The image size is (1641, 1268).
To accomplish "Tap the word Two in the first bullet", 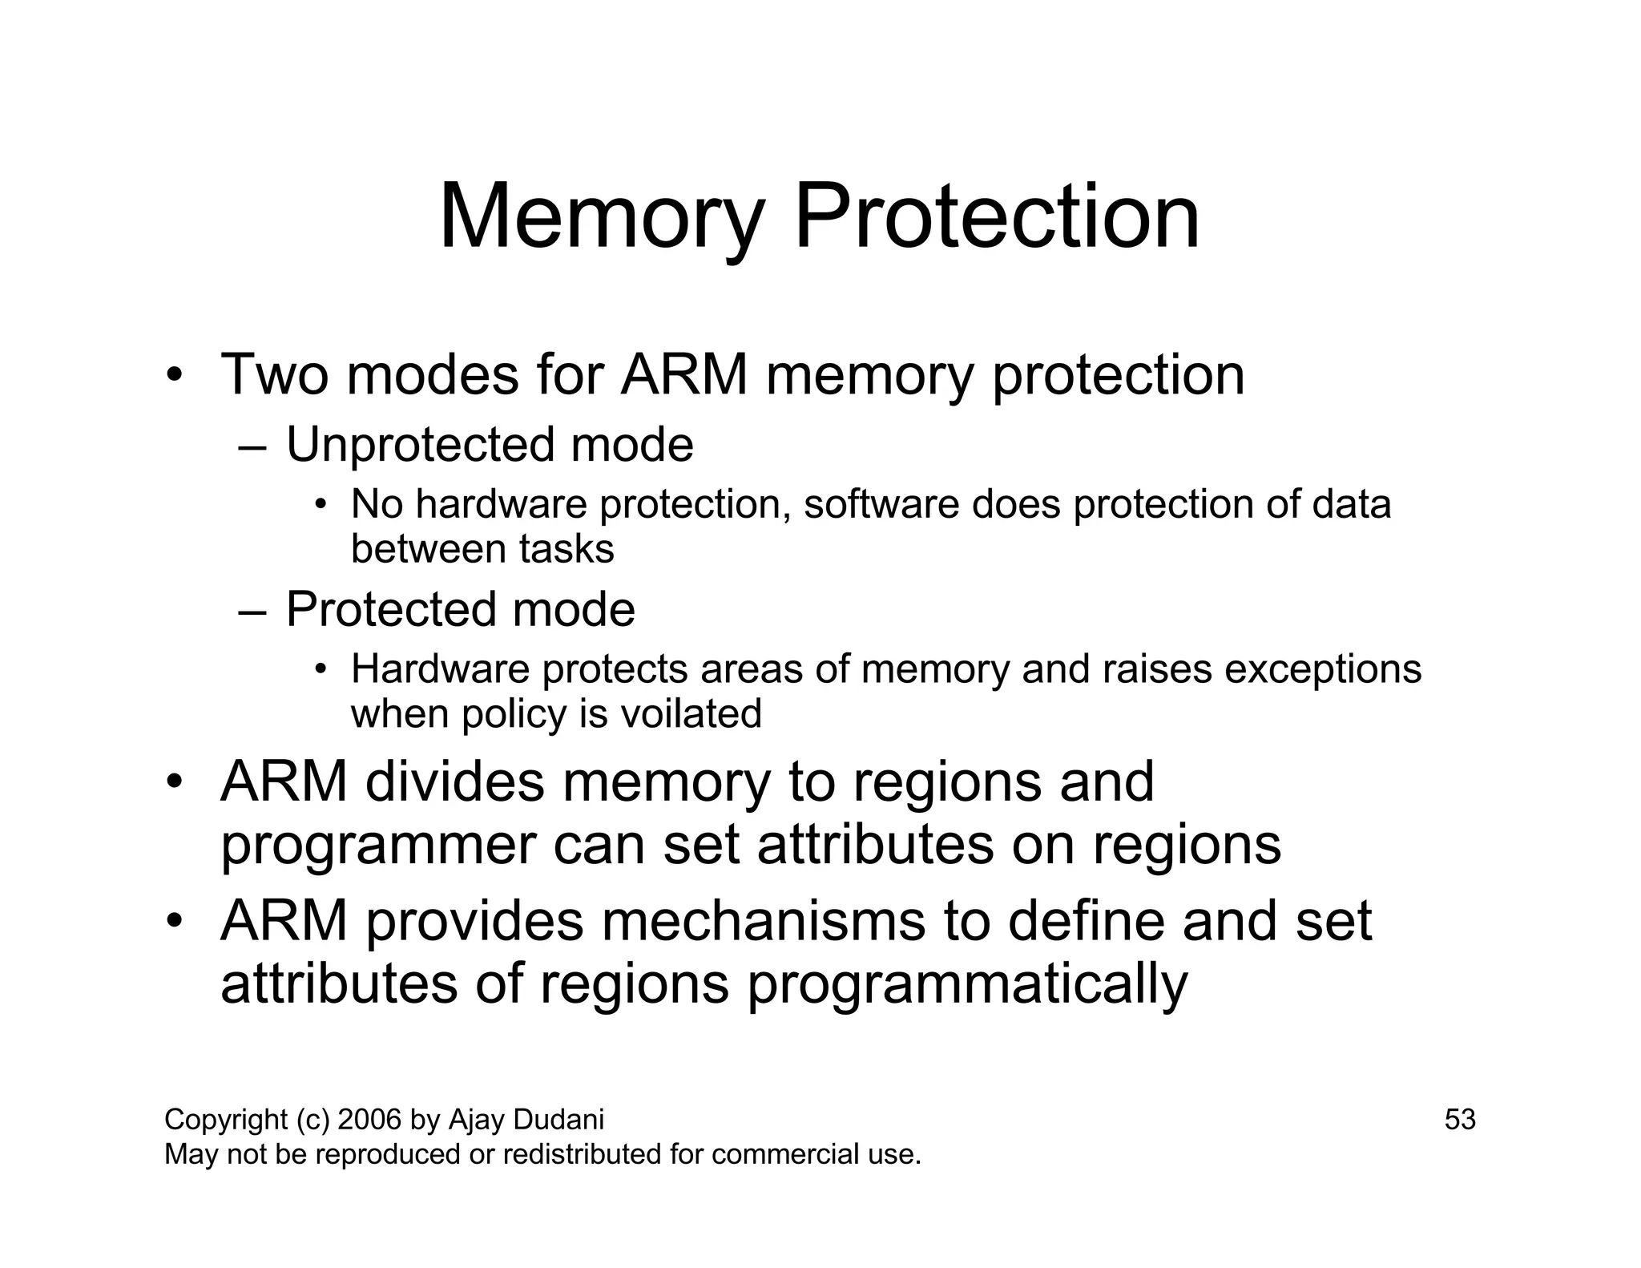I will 273,374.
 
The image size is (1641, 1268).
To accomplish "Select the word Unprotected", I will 420,445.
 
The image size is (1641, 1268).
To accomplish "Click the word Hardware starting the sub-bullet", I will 440,669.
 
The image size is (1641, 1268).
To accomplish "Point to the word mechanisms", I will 763,921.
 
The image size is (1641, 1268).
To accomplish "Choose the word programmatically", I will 967,985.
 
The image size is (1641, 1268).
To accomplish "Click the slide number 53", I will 1459,1120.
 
